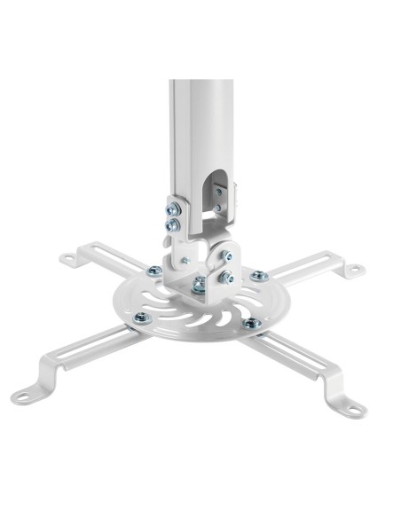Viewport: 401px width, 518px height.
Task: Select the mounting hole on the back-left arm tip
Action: tap(67, 260)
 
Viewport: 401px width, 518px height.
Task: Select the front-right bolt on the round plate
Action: tap(251, 323)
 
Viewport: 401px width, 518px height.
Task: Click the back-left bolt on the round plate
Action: tap(154, 271)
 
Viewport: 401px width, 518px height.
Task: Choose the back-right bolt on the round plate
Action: tap(258, 276)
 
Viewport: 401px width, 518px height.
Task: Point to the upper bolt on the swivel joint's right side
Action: tap(228, 256)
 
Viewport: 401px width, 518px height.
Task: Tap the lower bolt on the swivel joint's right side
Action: tap(227, 278)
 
